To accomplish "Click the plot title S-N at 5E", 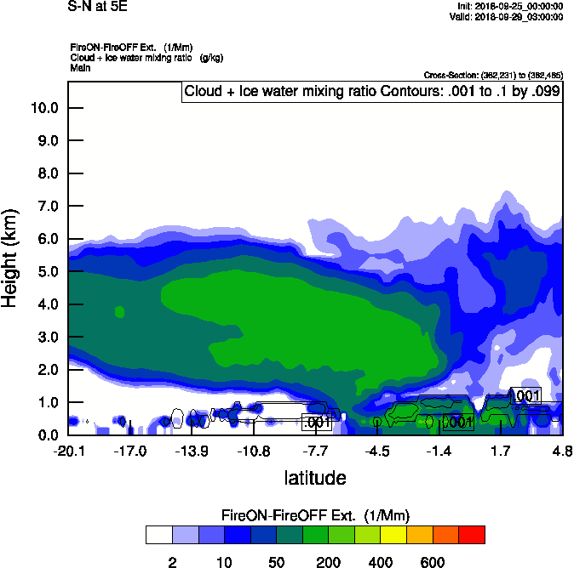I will (96, 5).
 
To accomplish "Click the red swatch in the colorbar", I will (472, 535).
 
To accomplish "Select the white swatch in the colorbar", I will (159, 535).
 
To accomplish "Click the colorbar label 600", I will (433, 562).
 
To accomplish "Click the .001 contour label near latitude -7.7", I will (317, 422).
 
